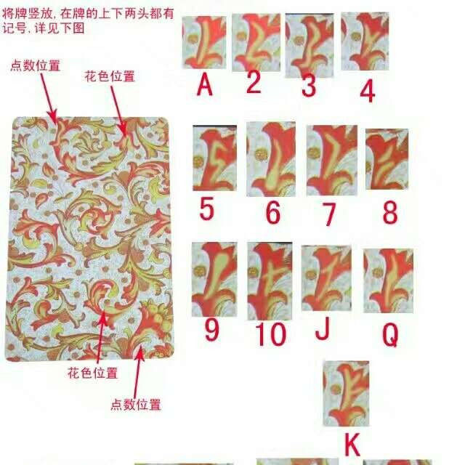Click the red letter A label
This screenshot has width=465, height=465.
tap(205, 86)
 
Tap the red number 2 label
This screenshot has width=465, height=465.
tap(253, 82)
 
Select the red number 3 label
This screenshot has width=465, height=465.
tap(309, 86)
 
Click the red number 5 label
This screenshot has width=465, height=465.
tap(207, 210)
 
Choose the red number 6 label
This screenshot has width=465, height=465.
tap(272, 213)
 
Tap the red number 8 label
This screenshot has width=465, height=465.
tap(390, 212)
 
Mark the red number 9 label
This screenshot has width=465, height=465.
tap(211, 330)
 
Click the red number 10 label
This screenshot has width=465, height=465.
tap(270, 335)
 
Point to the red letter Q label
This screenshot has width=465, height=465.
tap(390, 333)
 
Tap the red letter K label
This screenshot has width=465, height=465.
tap(352, 444)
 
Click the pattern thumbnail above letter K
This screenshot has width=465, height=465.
tap(346, 394)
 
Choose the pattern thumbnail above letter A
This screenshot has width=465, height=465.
tap(204, 43)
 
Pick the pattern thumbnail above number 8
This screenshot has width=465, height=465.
tap(387, 160)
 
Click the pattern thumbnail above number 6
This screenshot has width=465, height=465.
tap(270, 158)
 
